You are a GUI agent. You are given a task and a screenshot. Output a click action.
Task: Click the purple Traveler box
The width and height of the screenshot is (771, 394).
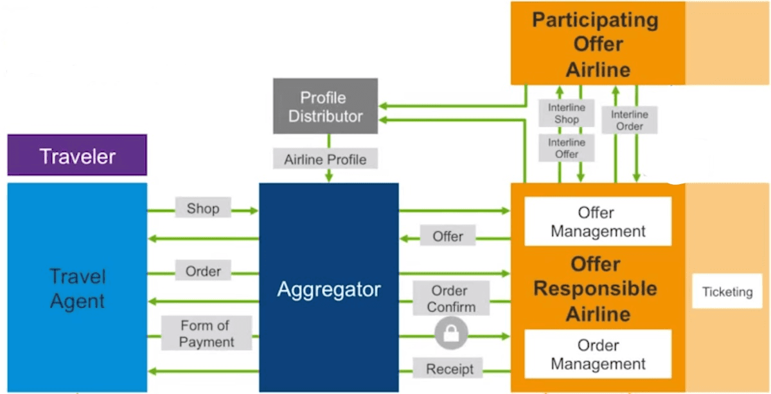pos(77,155)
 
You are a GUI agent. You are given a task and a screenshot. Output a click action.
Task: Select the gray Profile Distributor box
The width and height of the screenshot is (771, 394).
pos(325,107)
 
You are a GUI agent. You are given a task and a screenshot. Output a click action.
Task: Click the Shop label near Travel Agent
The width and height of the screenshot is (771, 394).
pos(202,209)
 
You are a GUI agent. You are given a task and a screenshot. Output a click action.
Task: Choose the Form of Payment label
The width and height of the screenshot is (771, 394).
pos(206,333)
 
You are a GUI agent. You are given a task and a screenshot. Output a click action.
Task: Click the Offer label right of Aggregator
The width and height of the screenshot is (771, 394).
pos(448,236)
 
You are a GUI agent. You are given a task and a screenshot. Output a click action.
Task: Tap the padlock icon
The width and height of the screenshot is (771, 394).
pos(451,334)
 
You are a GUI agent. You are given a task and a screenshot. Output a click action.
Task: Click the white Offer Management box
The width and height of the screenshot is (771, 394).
pos(598,221)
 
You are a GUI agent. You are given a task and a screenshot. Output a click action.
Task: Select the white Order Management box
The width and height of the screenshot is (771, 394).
pos(598,354)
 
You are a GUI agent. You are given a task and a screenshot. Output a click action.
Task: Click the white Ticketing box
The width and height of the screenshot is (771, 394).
pos(727,291)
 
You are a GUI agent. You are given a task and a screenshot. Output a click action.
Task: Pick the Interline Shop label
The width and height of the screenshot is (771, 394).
pos(566,113)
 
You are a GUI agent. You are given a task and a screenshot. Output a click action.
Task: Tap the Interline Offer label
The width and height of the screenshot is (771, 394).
pos(566,148)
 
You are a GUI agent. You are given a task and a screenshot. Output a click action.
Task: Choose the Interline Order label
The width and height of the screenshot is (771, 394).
pos(629,120)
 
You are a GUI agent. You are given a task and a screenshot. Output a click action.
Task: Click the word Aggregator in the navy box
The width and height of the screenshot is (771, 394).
pos(328,289)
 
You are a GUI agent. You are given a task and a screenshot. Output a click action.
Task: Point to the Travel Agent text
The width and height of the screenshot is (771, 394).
pos(77,289)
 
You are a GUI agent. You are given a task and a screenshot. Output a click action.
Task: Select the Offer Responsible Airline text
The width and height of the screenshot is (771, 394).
pos(595,289)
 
